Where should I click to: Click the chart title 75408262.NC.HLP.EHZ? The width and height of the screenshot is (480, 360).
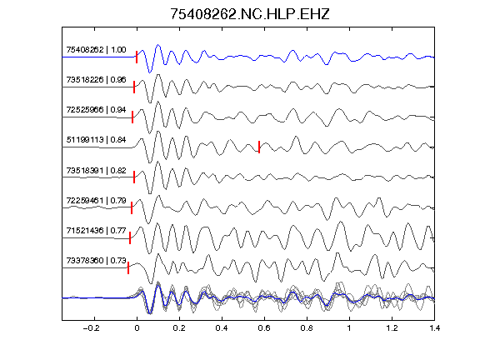(250, 14)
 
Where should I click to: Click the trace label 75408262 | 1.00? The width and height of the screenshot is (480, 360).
(96, 50)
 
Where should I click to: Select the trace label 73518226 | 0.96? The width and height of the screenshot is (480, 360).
(96, 80)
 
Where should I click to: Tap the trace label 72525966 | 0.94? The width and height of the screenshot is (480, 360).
(96, 110)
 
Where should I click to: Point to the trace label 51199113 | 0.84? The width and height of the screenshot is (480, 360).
(96, 140)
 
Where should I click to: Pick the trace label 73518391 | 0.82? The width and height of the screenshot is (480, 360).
(96, 170)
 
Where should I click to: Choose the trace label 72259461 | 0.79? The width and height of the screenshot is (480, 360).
(96, 201)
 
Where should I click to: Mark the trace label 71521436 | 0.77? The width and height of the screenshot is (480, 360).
(96, 230)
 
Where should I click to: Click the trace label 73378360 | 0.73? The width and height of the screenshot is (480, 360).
(96, 260)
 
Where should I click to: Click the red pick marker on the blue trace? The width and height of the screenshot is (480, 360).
(137, 57)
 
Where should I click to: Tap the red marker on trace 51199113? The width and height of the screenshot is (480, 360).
(259, 147)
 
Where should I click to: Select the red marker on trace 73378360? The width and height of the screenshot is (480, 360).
(128, 267)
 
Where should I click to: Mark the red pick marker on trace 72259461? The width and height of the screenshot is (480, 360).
(132, 207)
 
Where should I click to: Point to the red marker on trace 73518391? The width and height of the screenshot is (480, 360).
(134, 177)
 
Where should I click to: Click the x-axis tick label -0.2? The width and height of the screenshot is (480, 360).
(92, 328)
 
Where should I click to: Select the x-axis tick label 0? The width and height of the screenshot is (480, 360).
(137, 328)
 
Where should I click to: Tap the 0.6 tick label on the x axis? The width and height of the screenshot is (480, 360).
(264, 328)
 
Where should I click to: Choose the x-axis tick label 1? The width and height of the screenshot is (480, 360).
(349, 328)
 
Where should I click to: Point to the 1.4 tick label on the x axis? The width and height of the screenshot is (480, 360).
(435, 328)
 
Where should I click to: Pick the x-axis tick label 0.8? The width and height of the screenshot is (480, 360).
(307, 328)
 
